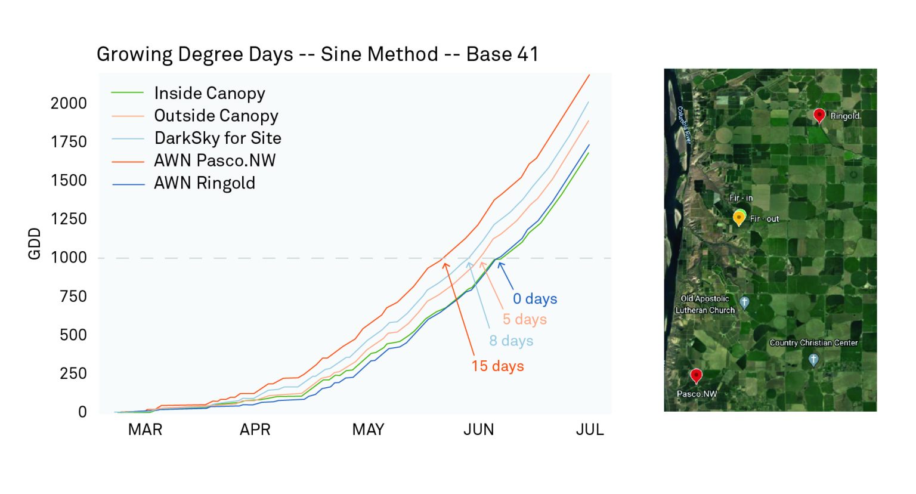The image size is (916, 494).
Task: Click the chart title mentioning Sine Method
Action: pos(317,54)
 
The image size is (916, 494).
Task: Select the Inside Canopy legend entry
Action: pos(209,93)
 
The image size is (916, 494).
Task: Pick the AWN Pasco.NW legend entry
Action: pos(215,160)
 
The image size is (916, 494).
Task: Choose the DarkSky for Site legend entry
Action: pos(218,138)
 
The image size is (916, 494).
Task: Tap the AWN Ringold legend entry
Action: pos(204,183)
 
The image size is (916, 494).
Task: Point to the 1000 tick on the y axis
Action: pos(69,258)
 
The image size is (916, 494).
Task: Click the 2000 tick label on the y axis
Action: pos(69,103)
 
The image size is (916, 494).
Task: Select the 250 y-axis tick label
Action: pos(73,373)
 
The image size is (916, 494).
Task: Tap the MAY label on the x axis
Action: pos(368,430)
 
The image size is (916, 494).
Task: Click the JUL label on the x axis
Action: pos(589,430)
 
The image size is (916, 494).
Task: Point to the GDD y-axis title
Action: pos(35,243)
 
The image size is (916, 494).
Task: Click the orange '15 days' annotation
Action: pos(497,366)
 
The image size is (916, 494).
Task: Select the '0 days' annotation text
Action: pos(535,299)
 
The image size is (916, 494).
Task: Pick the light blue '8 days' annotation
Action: pos(511,341)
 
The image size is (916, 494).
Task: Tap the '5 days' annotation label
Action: pos(524,320)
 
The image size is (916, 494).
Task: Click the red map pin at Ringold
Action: pos(819,115)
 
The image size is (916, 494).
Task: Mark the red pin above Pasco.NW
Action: pos(696,375)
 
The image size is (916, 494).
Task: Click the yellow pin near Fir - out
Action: pos(739,218)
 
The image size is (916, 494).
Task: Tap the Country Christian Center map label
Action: pos(813,343)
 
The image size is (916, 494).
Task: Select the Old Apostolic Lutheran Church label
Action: pos(705,304)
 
